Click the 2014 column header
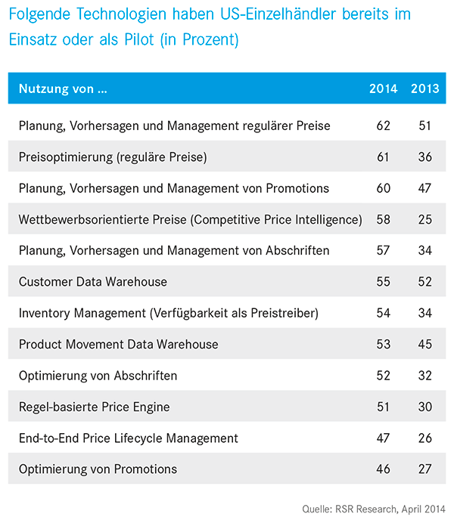[383, 88]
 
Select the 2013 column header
[425, 88]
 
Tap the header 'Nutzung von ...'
[63, 88]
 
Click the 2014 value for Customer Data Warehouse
[383, 282]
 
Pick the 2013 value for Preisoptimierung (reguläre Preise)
[425, 156]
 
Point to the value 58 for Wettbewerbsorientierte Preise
[383, 219]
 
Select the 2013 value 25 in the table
[425, 219]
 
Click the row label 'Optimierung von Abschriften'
[98, 376]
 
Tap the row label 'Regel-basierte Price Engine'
[94, 407]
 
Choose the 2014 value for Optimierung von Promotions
[383, 469]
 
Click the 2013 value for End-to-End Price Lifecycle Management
[425, 438]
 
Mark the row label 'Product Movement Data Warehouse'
[119, 344]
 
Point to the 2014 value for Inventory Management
[383, 313]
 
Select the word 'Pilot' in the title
[139, 39]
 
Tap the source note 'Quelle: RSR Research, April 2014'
[374, 509]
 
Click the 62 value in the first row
[383, 125]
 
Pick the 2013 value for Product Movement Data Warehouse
[425, 344]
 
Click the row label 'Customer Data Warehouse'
[93, 282]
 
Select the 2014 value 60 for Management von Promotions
[383, 188]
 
